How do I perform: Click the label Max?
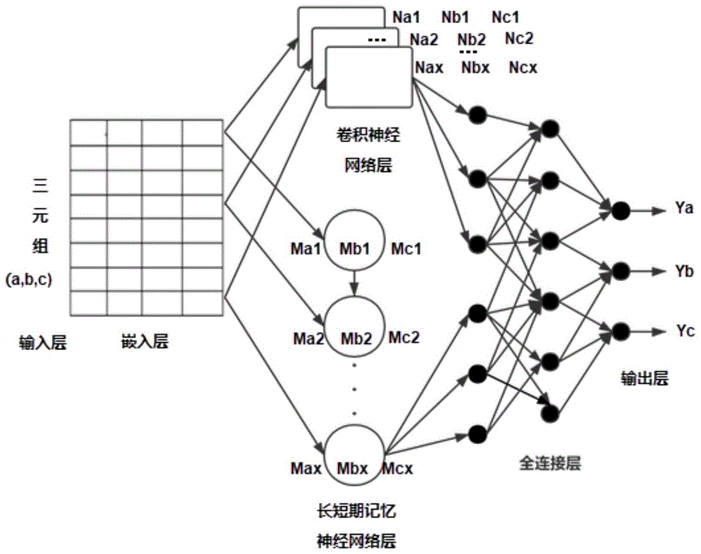[x=306, y=467]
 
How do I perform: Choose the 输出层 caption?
[x=644, y=379]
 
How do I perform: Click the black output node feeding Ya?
[x=619, y=209]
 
